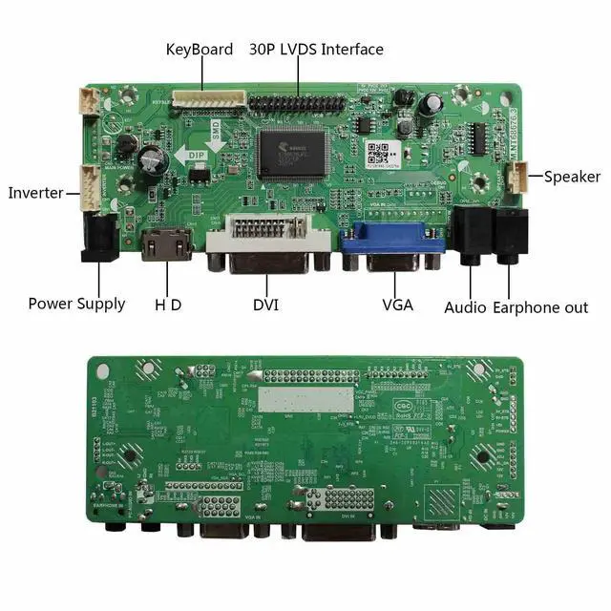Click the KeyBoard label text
[199, 49]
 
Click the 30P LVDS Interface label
[316, 49]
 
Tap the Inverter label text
[35, 193]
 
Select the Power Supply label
[76, 304]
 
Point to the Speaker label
[572, 177]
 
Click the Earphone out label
[540, 307]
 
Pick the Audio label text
[466, 307]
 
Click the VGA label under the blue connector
[397, 305]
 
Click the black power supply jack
[99, 238]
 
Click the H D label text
[168, 305]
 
